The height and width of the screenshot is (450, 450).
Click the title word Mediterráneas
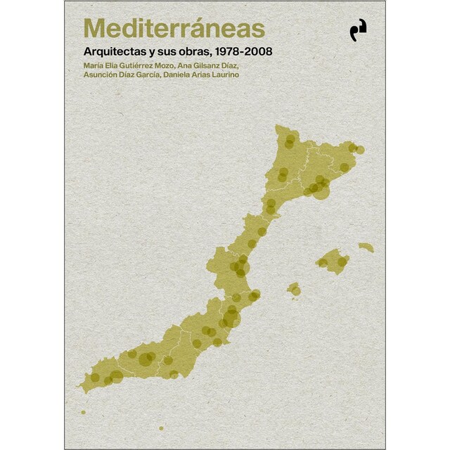pos(174,29)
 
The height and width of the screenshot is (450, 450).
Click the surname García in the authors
pos(144,76)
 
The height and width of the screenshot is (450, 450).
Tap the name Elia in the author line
pos(107,66)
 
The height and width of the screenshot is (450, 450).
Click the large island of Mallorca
pos(333,261)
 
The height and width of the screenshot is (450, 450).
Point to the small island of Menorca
pos(366,247)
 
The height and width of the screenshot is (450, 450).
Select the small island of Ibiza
pos(294,288)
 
